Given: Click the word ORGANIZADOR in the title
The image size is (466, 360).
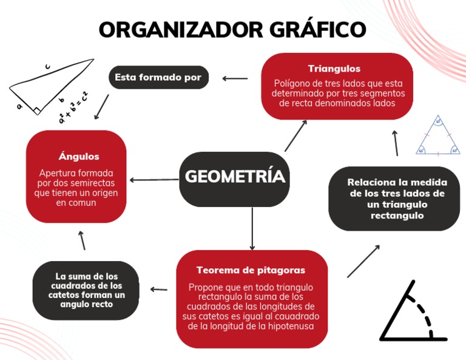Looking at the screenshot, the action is (174, 29).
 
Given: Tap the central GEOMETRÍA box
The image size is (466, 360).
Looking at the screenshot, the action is (235, 177).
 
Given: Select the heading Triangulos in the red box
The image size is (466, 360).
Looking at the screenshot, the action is (334, 69).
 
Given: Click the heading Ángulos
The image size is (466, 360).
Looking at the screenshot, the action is (79, 156).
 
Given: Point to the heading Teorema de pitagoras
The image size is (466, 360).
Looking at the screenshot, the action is (251, 270).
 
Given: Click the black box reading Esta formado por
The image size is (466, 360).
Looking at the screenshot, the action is (158, 78).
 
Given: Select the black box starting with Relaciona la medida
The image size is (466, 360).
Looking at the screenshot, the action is (397, 199).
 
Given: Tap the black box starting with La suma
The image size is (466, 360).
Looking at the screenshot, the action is (86, 290).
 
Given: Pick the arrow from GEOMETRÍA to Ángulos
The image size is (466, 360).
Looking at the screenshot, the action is (154, 179).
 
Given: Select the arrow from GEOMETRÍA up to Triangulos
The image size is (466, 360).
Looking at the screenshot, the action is (295, 135).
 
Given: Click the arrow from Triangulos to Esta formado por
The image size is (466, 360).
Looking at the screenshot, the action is (235, 78).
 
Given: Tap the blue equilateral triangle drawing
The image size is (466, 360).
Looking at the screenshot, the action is (437, 137).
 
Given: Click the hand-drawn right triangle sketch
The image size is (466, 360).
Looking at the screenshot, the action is (49, 88).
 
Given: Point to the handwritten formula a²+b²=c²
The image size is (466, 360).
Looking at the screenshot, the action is (73, 106).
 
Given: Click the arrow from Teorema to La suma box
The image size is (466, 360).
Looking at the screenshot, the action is (159, 290).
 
